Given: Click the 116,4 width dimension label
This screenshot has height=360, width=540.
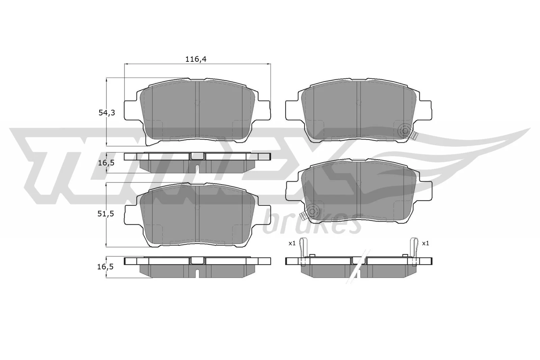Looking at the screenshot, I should [x=196, y=59].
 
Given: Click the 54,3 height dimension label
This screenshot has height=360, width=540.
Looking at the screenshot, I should [x=107, y=113].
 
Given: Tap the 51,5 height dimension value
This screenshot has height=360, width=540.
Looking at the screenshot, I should [x=107, y=214].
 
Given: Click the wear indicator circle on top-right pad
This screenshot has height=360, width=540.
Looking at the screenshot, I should [x=404, y=131].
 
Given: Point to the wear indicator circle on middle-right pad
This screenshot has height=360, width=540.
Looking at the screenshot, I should [x=312, y=211].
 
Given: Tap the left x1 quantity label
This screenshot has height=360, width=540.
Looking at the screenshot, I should [x=292, y=243].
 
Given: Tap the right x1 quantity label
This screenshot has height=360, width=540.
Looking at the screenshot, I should [x=425, y=243].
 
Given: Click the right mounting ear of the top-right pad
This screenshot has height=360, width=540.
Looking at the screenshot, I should [x=426, y=110].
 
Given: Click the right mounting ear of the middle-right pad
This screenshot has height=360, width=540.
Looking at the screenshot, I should [x=426, y=190].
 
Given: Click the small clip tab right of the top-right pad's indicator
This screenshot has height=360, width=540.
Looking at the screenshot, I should [x=415, y=136].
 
